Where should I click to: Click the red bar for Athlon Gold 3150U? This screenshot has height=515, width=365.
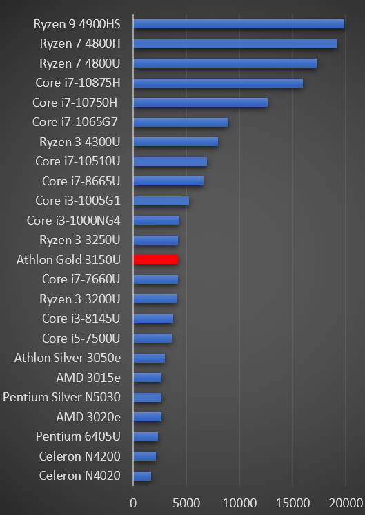[x=155, y=260]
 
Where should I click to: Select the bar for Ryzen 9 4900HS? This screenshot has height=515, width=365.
[x=238, y=24]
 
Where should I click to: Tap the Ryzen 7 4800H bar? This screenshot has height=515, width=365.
[x=235, y=43]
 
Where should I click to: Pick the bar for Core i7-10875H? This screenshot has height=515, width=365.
[x=217, y=83]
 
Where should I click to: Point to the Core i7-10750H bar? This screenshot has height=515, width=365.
[x=200, y=103]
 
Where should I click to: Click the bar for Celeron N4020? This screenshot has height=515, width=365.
[x=141, y=476]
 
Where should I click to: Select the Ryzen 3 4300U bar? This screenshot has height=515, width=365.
[x=175, y=142]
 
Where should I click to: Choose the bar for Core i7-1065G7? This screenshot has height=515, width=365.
[x=180, y=123]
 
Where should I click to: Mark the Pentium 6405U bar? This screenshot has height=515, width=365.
[x=145, y=436]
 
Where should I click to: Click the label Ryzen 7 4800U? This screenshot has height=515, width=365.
[x=80, y=63]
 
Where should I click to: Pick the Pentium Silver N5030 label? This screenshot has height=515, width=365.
[x=62, y=397]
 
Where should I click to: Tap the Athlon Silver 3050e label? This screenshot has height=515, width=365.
[x=68, y=358]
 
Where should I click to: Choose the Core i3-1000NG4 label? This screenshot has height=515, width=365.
[x=74, y=221]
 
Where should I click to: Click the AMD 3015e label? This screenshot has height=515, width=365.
[x=88, y=378]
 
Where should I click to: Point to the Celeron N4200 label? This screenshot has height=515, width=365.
[x=80, y=456]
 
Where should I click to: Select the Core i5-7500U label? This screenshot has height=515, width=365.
[x=81, y=338]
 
